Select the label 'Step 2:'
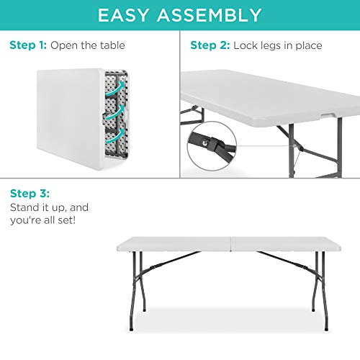[210, 46]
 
